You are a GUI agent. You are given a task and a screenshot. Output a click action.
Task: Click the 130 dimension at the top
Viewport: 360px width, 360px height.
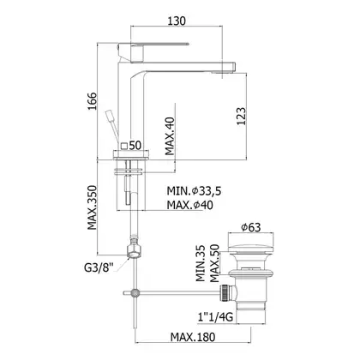pyautogui.click(x=177, y=21)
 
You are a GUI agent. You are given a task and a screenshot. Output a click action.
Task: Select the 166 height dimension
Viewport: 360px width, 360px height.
pyautogui.click(x=93, y=101)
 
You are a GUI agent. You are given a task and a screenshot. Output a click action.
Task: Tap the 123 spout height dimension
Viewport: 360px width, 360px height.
pyautogui.click(x=241, y=116)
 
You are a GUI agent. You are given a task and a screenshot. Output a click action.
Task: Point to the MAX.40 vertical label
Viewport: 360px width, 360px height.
pyautogui.click(x=170, y=136)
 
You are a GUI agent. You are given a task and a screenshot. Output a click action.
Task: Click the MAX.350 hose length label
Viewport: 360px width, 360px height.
pyautogui.click(x=93, y=207)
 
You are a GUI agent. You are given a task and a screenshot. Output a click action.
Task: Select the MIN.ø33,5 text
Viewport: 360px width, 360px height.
pyautogui.click(x=195, y=191)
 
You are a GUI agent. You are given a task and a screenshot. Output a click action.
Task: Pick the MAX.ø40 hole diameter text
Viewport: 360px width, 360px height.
pyautogui.click(x=190, y=205)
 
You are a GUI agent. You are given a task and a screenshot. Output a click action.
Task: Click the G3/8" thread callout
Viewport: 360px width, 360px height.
pyautogui.click(x=99, y=268)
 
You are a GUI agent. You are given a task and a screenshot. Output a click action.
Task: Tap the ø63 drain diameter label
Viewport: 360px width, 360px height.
pyautogui.click(x=251, y=227)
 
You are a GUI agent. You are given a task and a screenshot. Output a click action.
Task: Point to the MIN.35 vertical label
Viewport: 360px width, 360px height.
pyautogui.click(x=201, y=263)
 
